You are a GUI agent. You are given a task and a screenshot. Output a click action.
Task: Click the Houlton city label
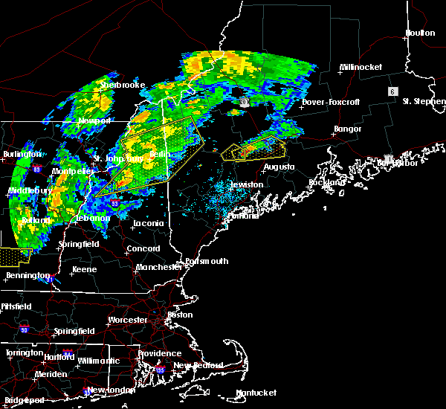pyautogui.click(x=419, y=33)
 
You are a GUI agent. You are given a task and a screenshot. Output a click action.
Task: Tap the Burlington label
pyautogui.click(x=22, y=154)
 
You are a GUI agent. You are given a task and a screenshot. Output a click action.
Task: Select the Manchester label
pyautogui.click(x=159, y=266)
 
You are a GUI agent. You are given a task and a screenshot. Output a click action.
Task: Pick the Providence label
pyautogui.click(x=159, y=353)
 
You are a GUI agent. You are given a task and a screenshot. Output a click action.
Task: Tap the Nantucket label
pyautogui.click(x=256, y=393)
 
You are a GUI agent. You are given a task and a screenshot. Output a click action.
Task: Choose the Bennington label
pyautogui.click(x=23, y=275)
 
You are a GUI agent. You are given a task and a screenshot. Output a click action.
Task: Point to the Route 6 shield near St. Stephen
pyautogui.click(x=391, y=91)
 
